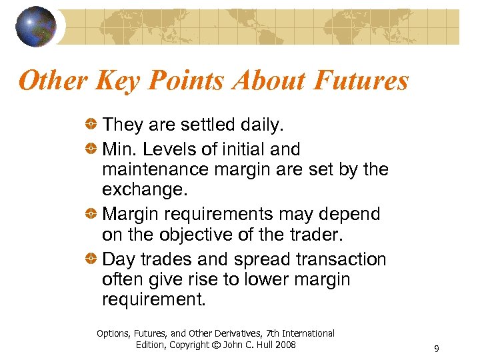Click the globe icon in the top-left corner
tap(37, 26)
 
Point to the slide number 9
tap(436, 349)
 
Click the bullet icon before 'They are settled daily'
tap(92, 125)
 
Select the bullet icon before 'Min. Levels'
tap(92, 149)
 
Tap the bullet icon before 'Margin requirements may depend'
tap(92, 214)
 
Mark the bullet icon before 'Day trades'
tap(92, 259)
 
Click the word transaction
tap(341, 259)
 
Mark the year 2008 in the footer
tap(285, 345)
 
